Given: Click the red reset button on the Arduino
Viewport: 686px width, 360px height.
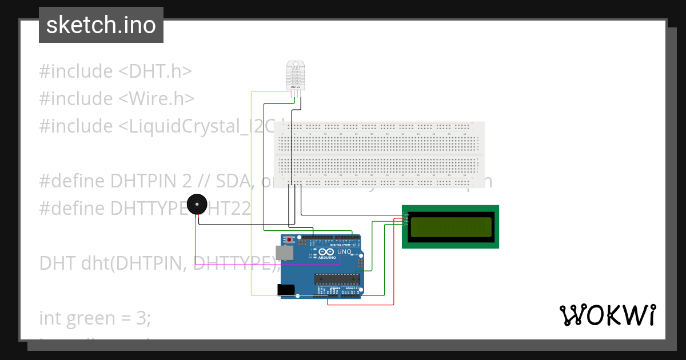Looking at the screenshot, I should [x=290, y=239].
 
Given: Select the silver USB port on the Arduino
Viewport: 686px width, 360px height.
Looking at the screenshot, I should [x=283, y=253].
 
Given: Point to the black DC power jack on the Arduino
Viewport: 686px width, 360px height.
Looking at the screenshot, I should [x=286, y=290].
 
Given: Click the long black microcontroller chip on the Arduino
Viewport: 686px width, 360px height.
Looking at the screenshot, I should [x=337, y=279].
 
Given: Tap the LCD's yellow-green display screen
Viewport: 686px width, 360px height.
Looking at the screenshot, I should [x=450, y=227].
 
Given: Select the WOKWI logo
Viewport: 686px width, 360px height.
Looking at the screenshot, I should [x=607, y=315].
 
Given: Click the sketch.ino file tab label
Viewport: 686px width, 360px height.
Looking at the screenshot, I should [x=101, y=25].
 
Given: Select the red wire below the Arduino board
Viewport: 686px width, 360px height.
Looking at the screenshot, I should [x=360, y=305].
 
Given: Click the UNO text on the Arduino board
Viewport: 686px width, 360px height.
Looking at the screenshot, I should [x=344, y=252].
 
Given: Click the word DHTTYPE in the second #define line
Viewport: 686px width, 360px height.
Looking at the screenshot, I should [x=153, y=209].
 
